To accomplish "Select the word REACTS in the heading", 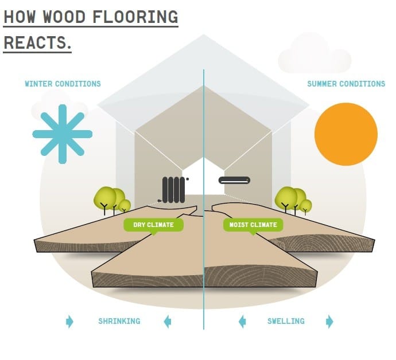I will coord(36,42).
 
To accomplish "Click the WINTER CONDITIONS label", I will coord(63,84).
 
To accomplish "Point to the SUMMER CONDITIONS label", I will coord(346,84).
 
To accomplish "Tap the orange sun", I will coord(346,134).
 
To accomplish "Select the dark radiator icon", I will coord(174,189).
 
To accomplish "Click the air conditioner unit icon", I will coord(234,181).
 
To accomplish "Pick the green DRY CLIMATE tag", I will coord(153,225).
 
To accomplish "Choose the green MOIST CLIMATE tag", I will coord(253,225).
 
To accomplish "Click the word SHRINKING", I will coord(119,321).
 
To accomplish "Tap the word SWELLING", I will coord(286,321).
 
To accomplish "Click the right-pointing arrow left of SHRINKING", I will coord(70,321).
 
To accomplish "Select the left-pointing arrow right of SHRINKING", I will coord(167,321).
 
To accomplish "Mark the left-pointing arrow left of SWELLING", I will coord(242,321).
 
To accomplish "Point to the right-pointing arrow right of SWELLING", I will coord(329,321).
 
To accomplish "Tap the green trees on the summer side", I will coord(293,198).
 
